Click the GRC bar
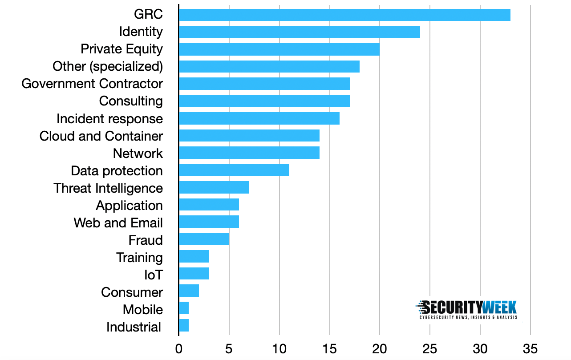point(344,15)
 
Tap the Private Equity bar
point(279,49)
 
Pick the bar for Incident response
point(259,119)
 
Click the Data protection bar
point(234,170)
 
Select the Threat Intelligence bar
point(214,188)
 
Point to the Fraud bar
point(204,240)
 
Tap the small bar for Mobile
point(184,308)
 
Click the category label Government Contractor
point(92,84)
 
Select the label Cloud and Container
point(101,136)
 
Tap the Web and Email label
point(118,222)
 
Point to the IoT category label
point(154,275)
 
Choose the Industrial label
point(134,327)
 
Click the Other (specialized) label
point(108,66)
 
